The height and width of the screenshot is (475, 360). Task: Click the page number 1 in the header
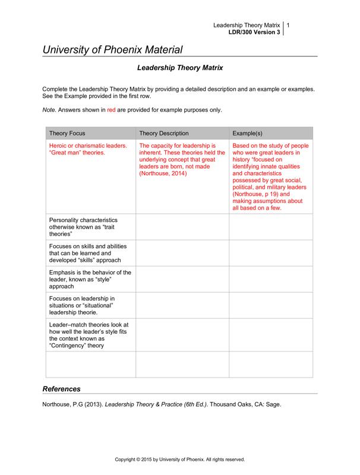(x=288, y=26)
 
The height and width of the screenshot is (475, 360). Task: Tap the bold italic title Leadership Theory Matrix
(x=180, y=68)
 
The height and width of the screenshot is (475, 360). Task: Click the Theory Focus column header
(x=66, y=134)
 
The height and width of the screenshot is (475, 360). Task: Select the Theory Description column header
(x=164, y=134)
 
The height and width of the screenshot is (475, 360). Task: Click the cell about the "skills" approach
(x=83, y=253)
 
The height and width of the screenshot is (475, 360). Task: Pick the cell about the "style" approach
(x=83, y=278)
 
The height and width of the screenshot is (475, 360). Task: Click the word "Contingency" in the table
(x=68, y=346)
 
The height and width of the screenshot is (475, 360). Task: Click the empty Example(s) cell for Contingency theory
(x=271, y=335)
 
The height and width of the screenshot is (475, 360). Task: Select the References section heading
(x=62, y=389)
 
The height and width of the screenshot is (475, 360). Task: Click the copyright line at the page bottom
(x=179, y=459)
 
